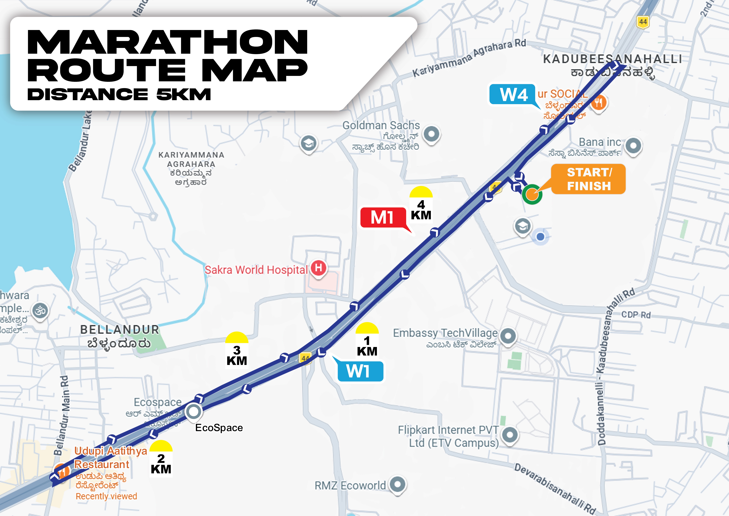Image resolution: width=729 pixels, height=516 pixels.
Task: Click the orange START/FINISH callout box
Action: tap(588, 179)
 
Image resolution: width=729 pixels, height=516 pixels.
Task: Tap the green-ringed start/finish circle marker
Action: tap(532, 194)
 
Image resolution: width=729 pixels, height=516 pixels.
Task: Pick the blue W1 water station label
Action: tap(360, 371)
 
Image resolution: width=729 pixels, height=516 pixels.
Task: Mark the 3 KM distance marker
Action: tap(237, 351)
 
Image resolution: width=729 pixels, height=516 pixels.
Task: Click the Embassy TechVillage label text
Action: tap(445, 333)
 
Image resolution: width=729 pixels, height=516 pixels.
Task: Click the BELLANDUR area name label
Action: tap(119, 330)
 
